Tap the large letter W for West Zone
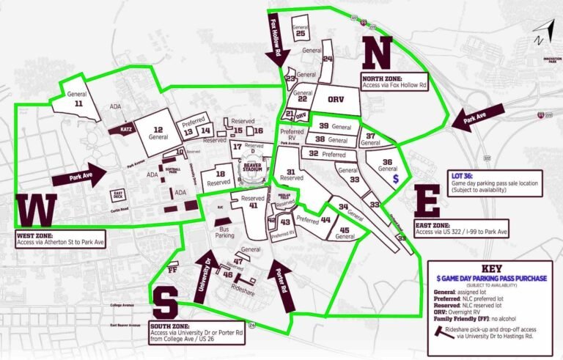click(x=36, y=211)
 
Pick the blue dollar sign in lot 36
click(x=396, y=178)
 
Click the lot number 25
click(x=301, y=34)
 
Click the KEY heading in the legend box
click(x=490, y=268)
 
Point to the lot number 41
click(x=253, y=206)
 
